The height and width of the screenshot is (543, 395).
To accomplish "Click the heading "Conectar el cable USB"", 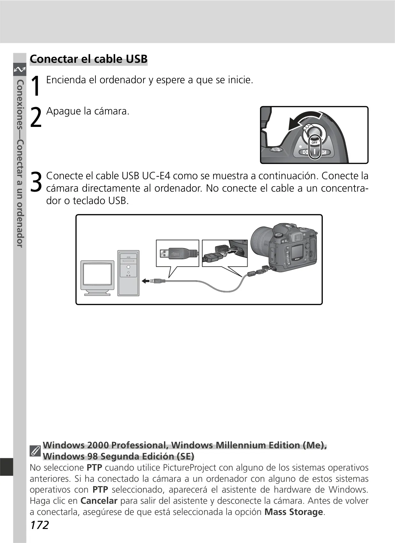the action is [89, 59].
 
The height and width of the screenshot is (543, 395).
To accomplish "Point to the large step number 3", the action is [36, 182].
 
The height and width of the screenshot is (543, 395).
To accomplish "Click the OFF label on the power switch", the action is [315, 143].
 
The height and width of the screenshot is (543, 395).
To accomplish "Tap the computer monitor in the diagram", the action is [97, 278].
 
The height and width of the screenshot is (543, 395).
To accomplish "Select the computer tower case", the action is [128, 273].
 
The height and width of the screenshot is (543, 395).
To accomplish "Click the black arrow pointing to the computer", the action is [145, 281].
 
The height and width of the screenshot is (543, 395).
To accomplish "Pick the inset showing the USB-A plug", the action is [177, 253].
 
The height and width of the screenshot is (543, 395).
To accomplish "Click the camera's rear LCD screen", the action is [297, 252].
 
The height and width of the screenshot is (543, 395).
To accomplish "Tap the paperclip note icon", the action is [35, 451].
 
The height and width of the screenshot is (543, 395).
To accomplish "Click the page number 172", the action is [39, 525].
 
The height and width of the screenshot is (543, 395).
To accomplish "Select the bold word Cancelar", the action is [99, 501].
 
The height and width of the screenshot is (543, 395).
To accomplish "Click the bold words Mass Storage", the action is [294, 512].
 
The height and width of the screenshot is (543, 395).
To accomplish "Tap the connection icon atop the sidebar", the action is [20, 70].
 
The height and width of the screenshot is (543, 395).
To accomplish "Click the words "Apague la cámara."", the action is [88, 111].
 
